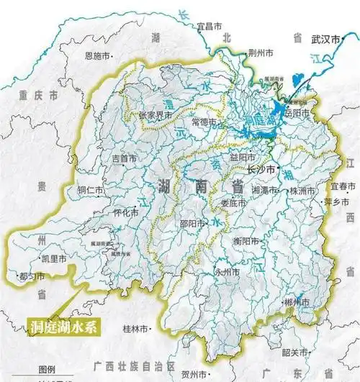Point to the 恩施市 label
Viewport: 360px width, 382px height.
pos(98,55)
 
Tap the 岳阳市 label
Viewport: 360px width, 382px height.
pos(296,114)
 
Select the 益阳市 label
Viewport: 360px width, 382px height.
pos(242,155)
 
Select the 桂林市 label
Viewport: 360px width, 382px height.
pos(135,329)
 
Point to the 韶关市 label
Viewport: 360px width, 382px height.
pos(295,353)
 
